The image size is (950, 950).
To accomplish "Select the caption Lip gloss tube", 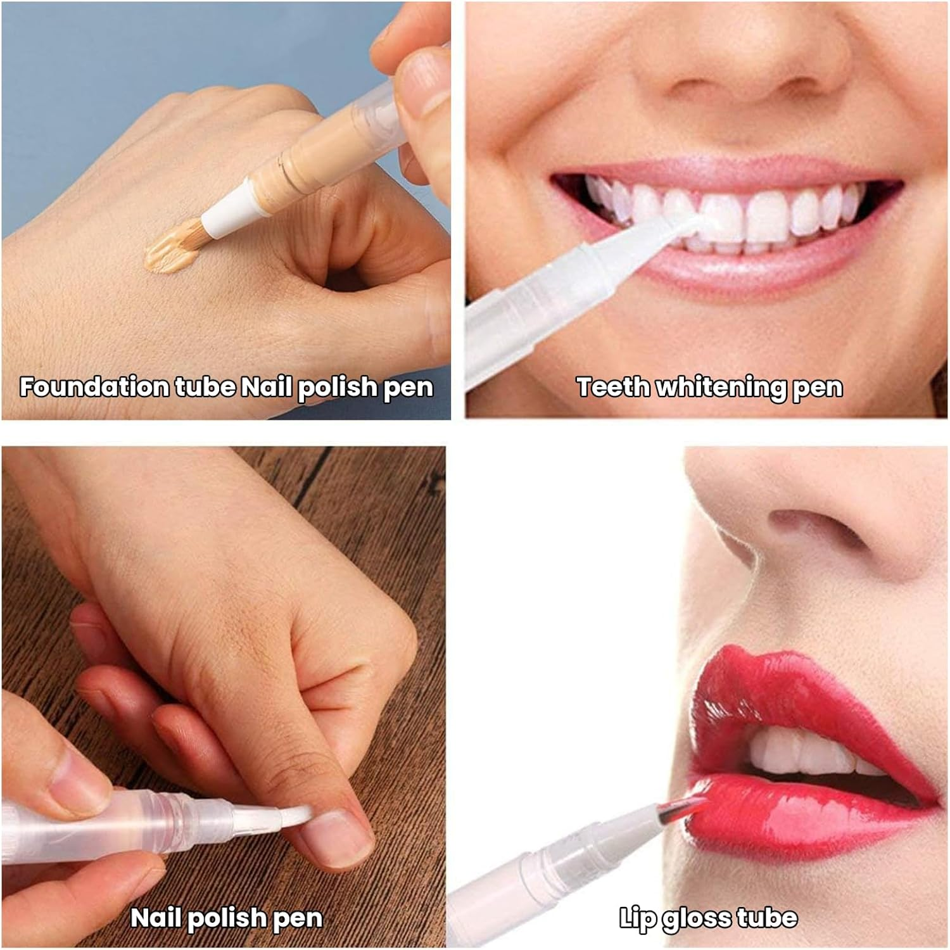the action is tap(708, 918).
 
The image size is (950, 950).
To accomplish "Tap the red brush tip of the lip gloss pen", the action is tap(681, 811).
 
